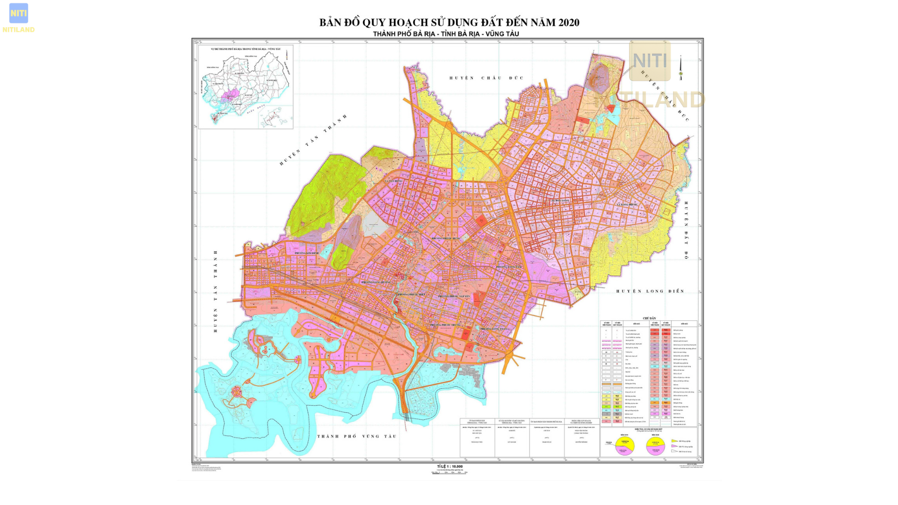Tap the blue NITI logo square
(x=19, y=13)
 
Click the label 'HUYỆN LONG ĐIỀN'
(x=650, y=291)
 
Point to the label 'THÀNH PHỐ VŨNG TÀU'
(x=357, y=436)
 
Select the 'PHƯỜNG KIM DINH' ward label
(x=306, y=253)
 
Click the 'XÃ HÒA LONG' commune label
(x=560, y=201)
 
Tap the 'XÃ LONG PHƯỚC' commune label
(x=627, y=205)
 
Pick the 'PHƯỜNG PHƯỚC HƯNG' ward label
(x=446, y=238)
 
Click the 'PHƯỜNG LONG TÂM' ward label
(x=509, y=267)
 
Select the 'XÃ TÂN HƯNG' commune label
(x=393, y=181)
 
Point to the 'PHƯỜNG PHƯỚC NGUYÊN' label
(x=454, y=296)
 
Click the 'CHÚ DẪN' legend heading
(x=649, y=318)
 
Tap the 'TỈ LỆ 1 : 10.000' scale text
(x=449, y=467)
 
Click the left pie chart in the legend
(x=625, y=445)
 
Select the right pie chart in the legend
(x=656, y=446)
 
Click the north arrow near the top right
(x=681, y=68)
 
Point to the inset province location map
(x=246, y=87)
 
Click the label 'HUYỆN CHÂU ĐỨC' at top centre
(x=486, y=78)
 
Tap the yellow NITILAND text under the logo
(x=19, y=30)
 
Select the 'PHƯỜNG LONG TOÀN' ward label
(x=493, y=329)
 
